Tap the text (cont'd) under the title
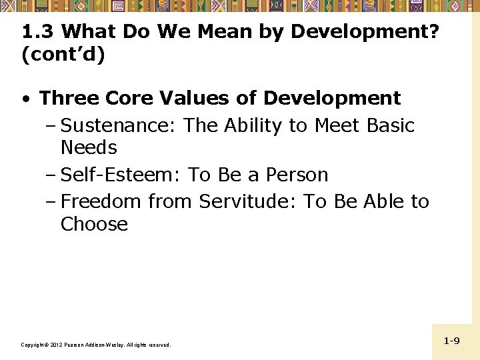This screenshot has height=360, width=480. (63, 55)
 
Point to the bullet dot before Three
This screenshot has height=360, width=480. (25, 99)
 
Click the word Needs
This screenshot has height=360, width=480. (89, 147)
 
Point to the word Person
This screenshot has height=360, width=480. (297, 175)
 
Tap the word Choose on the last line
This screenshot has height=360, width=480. (94, 224)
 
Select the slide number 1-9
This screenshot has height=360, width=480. (451, 341)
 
